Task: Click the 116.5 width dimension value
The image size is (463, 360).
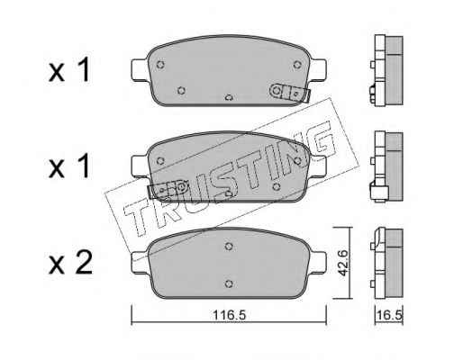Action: (230, 315)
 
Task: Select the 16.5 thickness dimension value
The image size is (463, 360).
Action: (390, 315)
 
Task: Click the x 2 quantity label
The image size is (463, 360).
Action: (70, 263)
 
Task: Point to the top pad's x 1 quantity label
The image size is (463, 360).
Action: (69, 70)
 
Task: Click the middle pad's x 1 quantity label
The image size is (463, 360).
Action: (69, 166)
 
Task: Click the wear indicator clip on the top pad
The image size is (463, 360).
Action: (290, 93)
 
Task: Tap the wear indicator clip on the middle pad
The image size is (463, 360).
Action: (168, 189)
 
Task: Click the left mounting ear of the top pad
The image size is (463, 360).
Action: (140, 70)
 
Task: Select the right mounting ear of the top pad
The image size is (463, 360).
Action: (318, 70)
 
